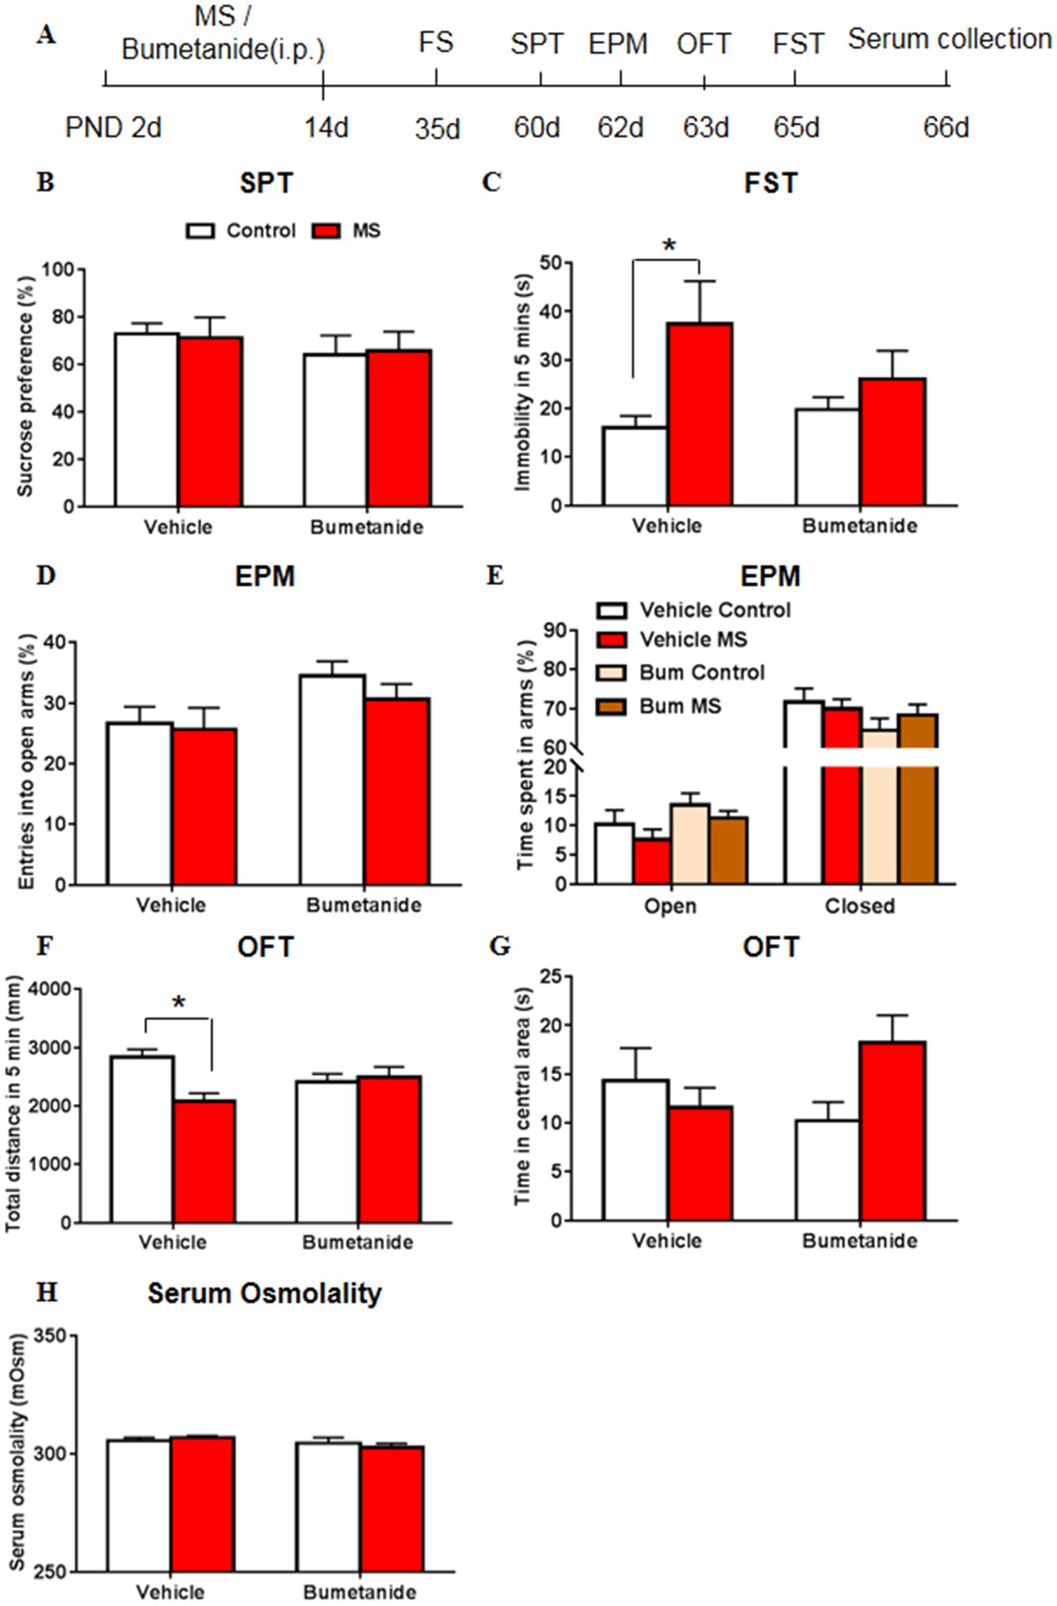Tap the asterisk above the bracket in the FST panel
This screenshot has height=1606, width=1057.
(x=669, y=246)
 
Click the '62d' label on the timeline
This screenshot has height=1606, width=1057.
(x=620, y=128)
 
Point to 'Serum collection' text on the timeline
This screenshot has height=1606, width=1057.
(x=949, y=39)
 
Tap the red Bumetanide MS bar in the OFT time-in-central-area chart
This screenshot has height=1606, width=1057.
(x=892, y=1130)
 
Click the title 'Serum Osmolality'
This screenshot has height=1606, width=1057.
(x=265, y=1293)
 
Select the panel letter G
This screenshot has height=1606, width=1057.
(x=500, y=946)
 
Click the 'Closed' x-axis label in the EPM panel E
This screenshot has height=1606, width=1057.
(x=859, y=906)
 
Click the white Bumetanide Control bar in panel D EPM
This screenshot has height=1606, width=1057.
(x=332, y=779)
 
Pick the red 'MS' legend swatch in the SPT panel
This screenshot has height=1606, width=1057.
(x=325, y=231)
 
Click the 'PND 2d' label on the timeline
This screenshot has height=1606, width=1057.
(x=113, y=128)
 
